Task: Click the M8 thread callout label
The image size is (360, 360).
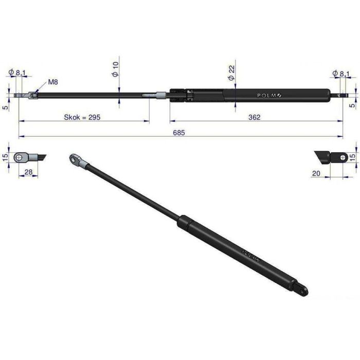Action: tap(53, 82)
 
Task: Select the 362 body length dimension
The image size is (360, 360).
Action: tap(254, 117)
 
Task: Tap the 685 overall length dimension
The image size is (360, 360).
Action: tap(178, 132)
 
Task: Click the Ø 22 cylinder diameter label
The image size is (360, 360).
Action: tap(231, 74)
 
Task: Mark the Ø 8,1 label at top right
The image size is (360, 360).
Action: tap(341, 74)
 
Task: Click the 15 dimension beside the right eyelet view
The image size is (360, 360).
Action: tap(353, 157)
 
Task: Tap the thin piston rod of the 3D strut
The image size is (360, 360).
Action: tap(134, 190)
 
